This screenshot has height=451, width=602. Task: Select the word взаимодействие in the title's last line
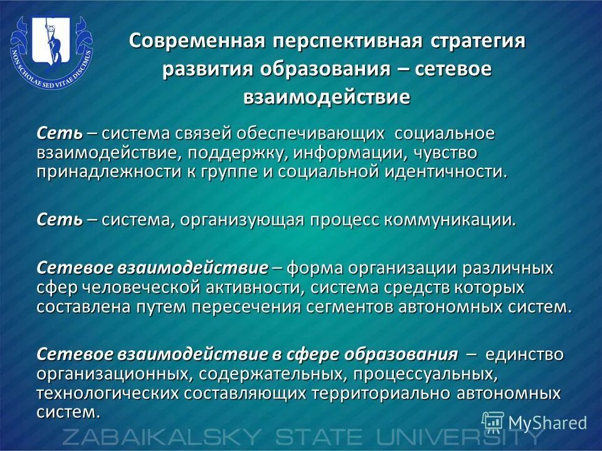tap(327, 97)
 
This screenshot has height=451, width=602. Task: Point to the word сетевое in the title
tap(455, 69)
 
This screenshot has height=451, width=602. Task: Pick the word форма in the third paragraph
tap(316, 268)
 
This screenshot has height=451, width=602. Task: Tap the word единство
tap(523, 355)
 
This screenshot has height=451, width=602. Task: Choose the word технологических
tap(108, 394)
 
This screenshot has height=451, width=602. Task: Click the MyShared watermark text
tap(547, 423)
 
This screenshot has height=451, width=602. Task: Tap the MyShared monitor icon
tap(493, 422)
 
